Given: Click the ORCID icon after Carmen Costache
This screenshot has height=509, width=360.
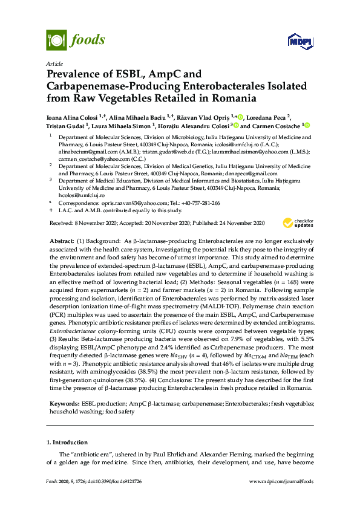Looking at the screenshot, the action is point(307,126).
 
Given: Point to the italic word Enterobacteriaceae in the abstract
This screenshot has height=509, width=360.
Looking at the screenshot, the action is point(76,332).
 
